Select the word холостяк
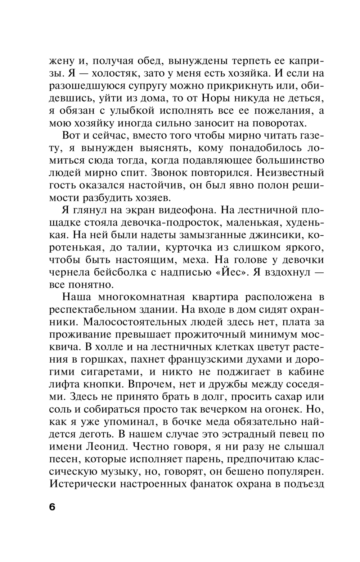(x=114, y=73)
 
